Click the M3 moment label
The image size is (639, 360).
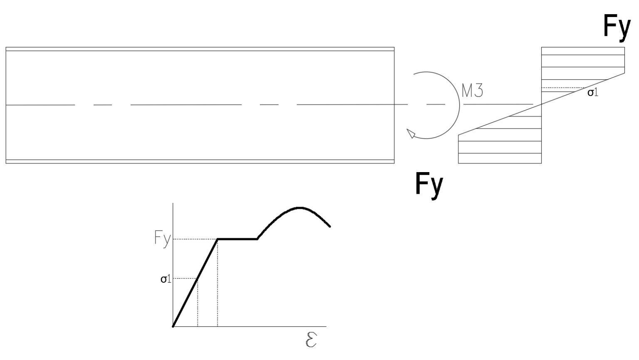pyautogui.click(x=473, y=91)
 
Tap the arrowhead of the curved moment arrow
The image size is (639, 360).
pyautogui.click(x=411, y=133)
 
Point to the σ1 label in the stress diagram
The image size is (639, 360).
pyautogui.click(x=592, y=92)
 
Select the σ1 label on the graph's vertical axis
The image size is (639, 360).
pyautogui.click(x=166, y=279)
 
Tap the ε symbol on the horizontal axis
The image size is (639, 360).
pyautogui.click(x=311, y=340)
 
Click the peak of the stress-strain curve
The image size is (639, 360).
pyautogui.click(x=300, y=208)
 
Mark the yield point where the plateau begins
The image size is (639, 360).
pyautogui.click(x=218, y=239)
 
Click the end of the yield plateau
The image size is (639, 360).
pyautogui.click(x=258, y=239)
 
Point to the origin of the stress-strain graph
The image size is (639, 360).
pyautogui.click(x=173, y=326)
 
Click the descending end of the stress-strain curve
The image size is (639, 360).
pyautogui.click(x=330, y=227)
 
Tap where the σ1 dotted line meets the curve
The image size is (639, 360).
pyautogui.click(x=198, y=278)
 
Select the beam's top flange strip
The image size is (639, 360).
pyautogui.click(x=200, y=49)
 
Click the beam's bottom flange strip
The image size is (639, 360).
pyautogui.click(x=200, y=162)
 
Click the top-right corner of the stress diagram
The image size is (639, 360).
pyautogui.click(x=624, y=47)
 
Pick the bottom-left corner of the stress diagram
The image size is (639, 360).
pyautogui.click(x=458, y=163)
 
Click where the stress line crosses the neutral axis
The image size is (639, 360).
pyautogui.click(x=541, y=104)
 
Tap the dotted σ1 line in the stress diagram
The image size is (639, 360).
pyautogui.click(x=563, y=88)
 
